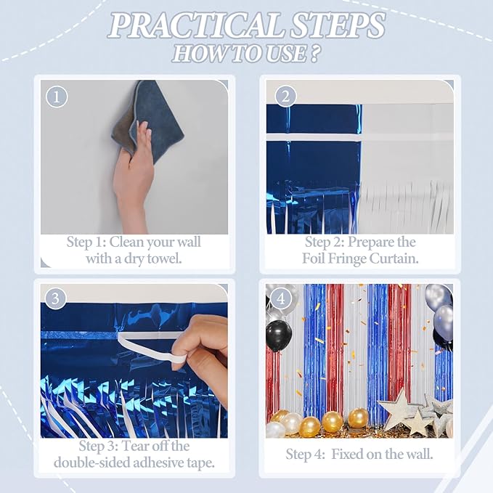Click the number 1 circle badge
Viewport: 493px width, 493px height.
point(57,97)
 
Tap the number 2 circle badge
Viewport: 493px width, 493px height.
point(286,97)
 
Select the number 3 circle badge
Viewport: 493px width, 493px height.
point(57,298)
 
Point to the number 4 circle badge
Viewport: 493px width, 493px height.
point(284,298)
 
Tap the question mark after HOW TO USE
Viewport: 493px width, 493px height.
point(315,54)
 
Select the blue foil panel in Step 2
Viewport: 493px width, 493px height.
point(313,160)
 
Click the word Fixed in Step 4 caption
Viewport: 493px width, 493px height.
point(351,455)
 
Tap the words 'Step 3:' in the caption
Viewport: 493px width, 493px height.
point(101,447)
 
